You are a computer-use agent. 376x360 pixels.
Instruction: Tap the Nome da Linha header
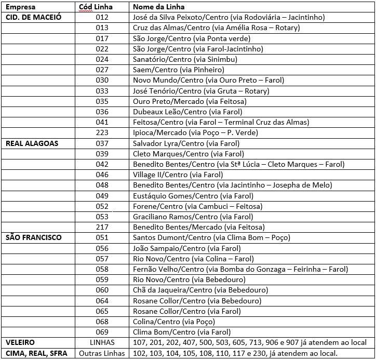pyautogui.click(x=158, y=7)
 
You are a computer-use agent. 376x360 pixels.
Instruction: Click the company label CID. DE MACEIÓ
pyautogui.click(x=33, y=17)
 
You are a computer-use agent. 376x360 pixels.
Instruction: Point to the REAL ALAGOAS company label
pyautogui.click(x=32, y=143)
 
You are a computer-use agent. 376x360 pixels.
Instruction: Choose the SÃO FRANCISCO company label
pyautogui.click(x=33, y=237)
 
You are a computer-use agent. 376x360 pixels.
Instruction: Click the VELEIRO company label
pyautogui.click(x=20, y=343)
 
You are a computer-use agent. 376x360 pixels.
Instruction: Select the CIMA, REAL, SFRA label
pyautogui.click(x=36, y=353)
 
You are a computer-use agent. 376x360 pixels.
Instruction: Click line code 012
pyautogui.click(x=102, y=17)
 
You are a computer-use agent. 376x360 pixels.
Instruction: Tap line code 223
pyautogui.click(x=102, y=132)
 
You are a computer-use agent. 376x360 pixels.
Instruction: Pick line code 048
pyautogui.click(x=102, y=185)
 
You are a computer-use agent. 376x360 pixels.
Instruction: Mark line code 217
pyautogui.click(x=102, y=227)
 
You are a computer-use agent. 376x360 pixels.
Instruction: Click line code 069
pyautogui.click(x=102, y=332)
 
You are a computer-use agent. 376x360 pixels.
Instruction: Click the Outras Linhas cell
pyautogui.click(x=102, y=353)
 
